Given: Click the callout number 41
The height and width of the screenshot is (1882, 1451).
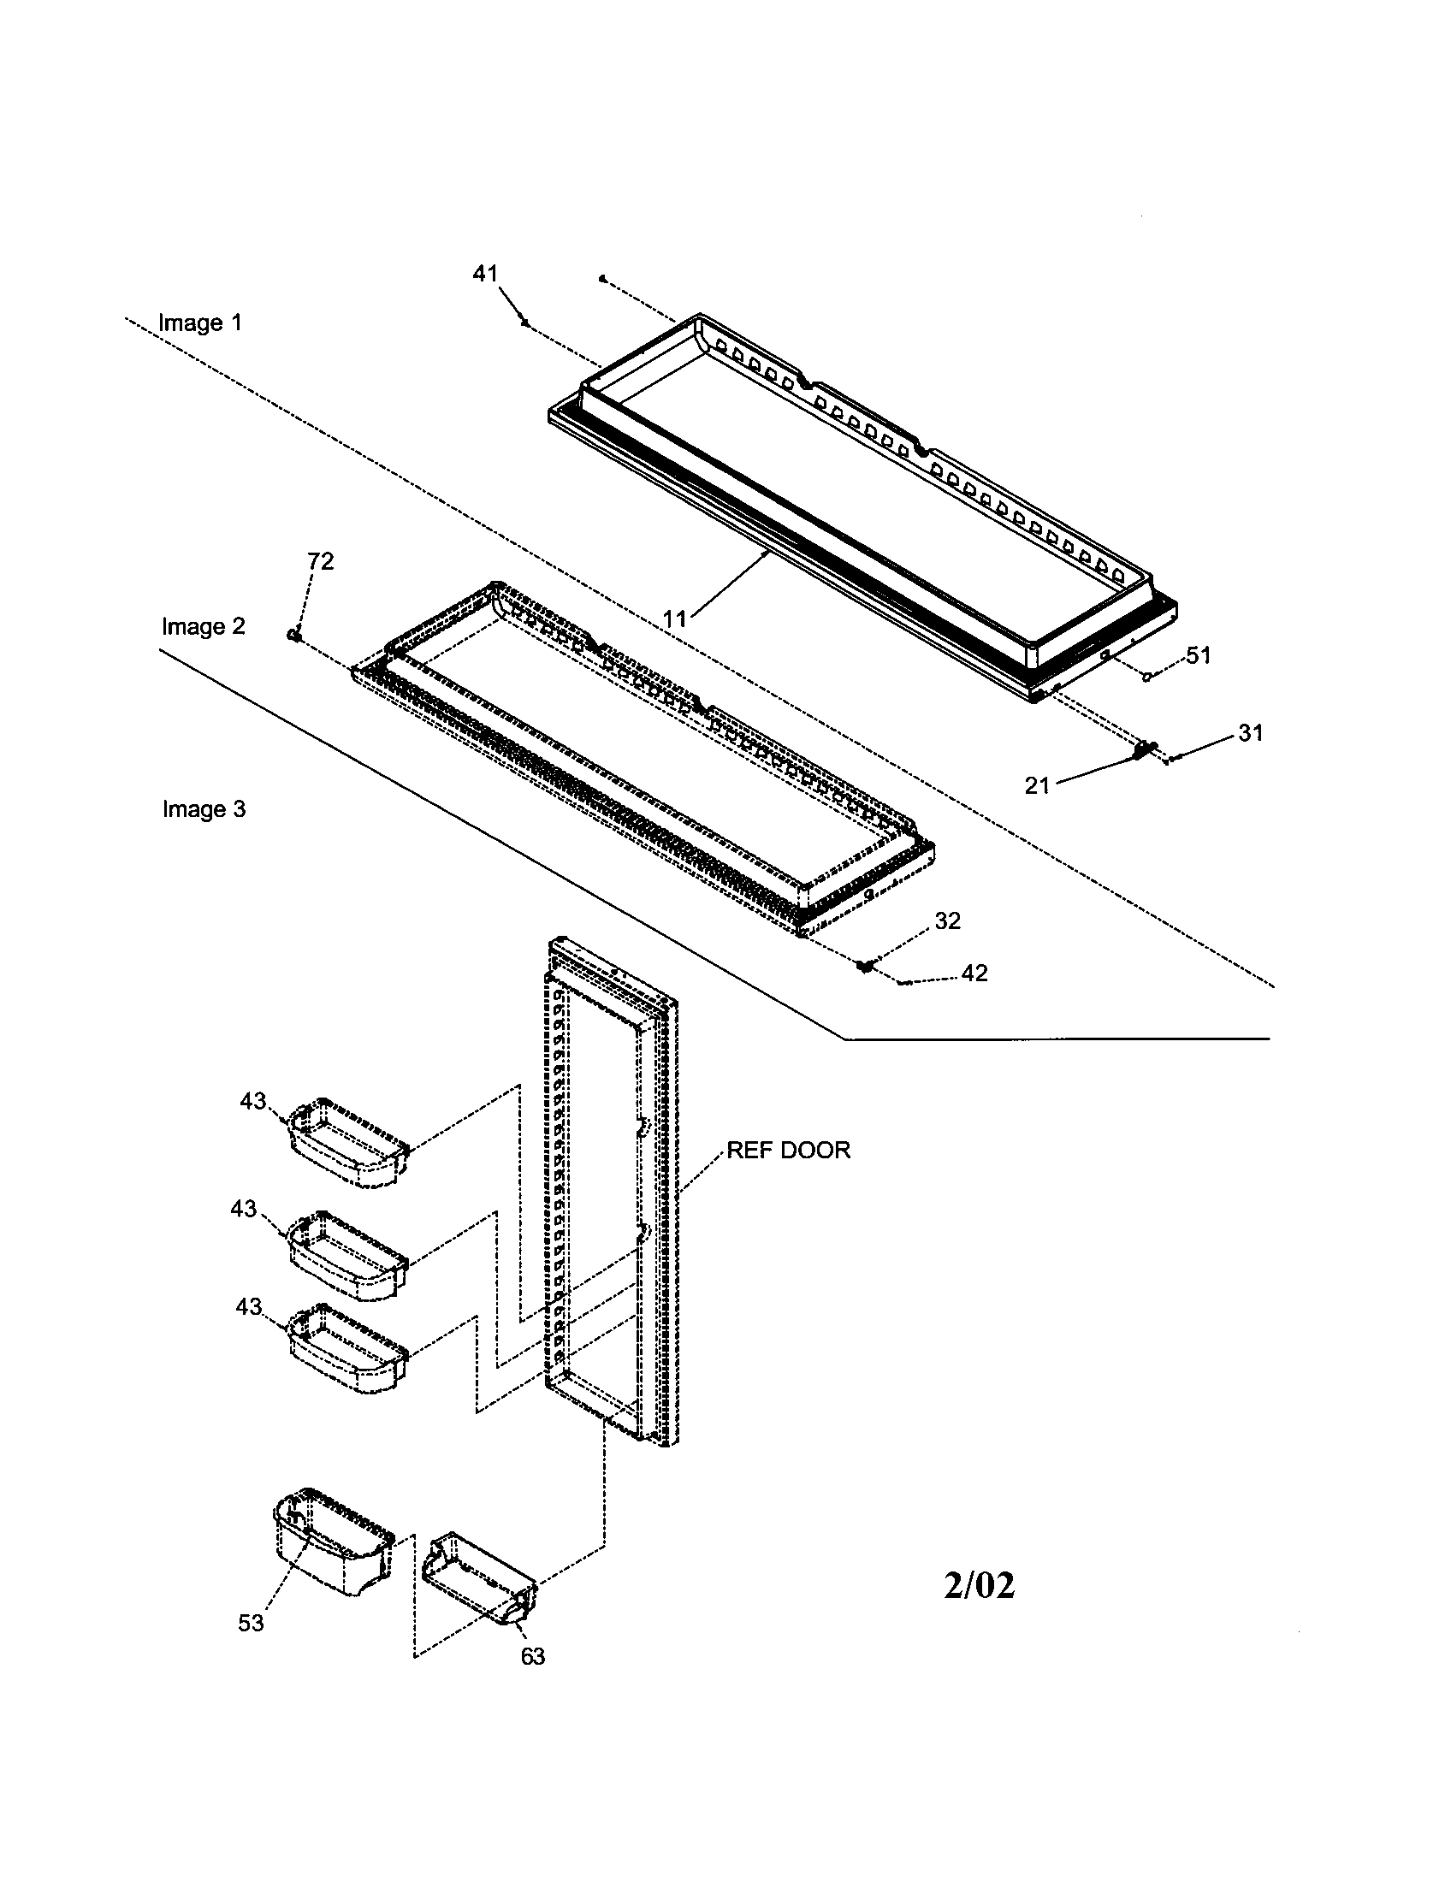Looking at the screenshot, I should pyautogui.click(x=485, y=273).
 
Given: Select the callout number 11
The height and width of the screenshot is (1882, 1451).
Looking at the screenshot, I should pyautogui.click(x=675, y=618).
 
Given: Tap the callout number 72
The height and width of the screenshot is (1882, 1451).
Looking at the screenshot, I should pyautogui.click(x=321, y=561).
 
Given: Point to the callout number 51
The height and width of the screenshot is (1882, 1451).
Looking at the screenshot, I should pyautogui.click(x=1199, y=655).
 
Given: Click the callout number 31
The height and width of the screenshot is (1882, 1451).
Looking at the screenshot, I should pyautogui.click(x=1251, y=732).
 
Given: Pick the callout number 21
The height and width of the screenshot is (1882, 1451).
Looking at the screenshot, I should pyautogui.click(x=1038, y=785).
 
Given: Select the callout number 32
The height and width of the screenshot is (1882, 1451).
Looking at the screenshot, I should pyautogui.click(x=948, y=920).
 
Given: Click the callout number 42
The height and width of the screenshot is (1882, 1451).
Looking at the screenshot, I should pyautogui.click(x=974, y=973).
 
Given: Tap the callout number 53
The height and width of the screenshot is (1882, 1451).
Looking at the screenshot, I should pyautogui.click(x=251, y=1624).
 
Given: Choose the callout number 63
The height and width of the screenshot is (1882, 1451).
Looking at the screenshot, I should pyautogui.click(x=532, y=1656).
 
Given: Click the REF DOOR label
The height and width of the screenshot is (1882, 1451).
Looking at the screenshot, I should pyautogui.click(x=789, y=1151).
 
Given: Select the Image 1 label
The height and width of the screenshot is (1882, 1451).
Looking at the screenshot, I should pyautogui.click(x=200, y=323).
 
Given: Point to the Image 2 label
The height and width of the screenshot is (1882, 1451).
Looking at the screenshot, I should pyautogui.click(x=204, y=626).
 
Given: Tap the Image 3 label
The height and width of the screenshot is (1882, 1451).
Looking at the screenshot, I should pyautogui.click(x=204, y=809).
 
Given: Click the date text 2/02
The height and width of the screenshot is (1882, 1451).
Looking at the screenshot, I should pyautogui.click(x=979, y=1585).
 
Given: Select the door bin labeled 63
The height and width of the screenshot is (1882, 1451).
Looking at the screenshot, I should pyautogui.click(x=478, y=1579).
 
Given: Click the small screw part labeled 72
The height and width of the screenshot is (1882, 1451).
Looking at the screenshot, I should pyautogui.click(x=293, y=634).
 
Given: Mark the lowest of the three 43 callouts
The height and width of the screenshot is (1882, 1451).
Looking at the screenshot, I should pyautogui.click(x=248, y=1307).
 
